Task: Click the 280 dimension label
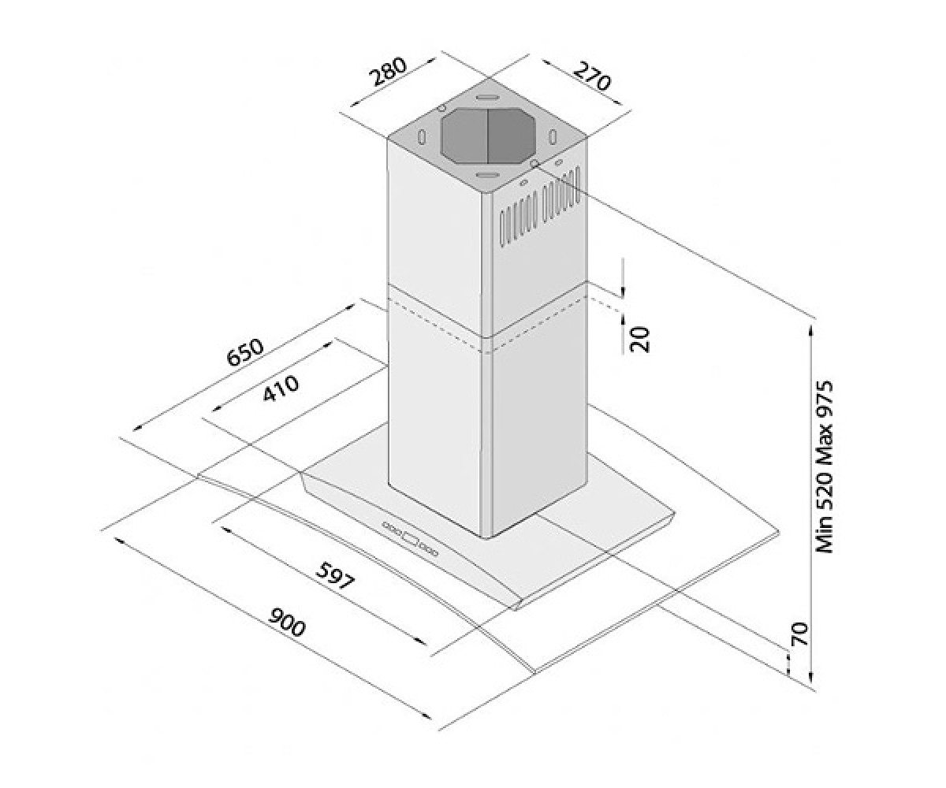tap(389, 72)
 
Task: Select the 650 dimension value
tap(244, 352)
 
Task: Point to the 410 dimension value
tap(281, 389)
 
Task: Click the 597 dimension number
tap(334, 575)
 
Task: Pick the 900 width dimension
tap(287, 623)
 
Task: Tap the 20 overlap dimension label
tap(639, 339)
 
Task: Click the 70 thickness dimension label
tap(799, 634)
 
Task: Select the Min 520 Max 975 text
tap(824, 467)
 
